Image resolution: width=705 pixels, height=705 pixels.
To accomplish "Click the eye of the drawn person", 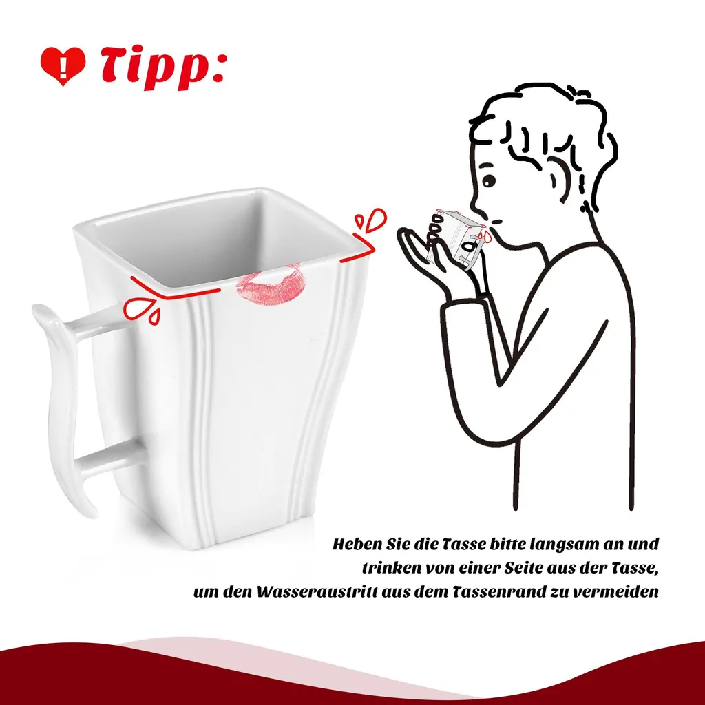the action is (489, 181).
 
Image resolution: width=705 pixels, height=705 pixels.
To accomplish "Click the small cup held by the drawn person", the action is (455, 238).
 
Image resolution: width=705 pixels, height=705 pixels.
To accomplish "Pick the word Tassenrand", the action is (499, 591).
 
